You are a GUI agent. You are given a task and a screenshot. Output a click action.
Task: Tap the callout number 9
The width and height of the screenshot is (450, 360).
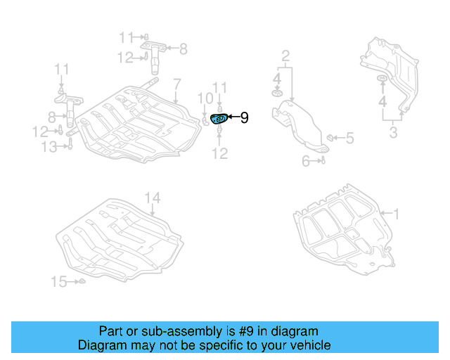click(244, 118)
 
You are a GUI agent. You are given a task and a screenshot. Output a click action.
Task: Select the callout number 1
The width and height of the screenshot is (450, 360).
click(396, 212)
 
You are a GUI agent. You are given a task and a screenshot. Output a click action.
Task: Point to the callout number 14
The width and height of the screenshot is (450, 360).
click(153, 198)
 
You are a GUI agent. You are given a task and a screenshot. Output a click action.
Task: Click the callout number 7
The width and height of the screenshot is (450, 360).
click(176, 84)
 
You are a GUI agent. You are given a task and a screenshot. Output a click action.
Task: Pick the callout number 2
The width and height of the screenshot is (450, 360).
click(285, 56)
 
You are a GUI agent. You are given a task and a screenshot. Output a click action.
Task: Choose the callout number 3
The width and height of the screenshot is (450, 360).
click(394, 133)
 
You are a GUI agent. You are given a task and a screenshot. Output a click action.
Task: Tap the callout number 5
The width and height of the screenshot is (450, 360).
click(349, 138)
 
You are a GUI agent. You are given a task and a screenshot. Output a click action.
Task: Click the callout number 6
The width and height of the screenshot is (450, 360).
click(307, 161)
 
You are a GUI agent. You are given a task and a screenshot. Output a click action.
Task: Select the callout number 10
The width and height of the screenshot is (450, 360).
click(204, 98)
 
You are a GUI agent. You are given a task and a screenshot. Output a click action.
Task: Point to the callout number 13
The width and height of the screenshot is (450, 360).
click(49, 146)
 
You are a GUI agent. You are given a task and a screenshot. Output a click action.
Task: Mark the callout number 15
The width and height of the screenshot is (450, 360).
click(58, 282)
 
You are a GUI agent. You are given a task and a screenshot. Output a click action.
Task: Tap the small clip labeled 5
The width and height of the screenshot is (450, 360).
click(332, 137)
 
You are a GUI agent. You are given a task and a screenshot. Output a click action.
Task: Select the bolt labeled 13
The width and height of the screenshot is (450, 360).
click(70, 146)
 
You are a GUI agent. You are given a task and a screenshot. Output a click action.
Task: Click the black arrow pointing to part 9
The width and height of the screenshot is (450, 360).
click(233, 118)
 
